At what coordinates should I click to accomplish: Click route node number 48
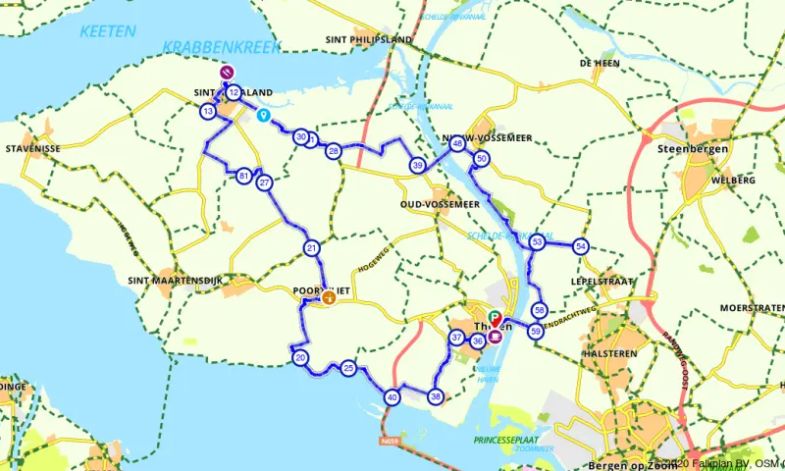tap(457, 144)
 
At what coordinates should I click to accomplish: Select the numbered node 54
tap(582, 246)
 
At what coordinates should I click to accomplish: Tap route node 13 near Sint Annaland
tap(207, 112)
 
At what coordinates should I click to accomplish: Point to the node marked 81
tap(244, 176)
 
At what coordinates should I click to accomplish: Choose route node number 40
tap(392, 397)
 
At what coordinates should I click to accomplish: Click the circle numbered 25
tap(348, 369)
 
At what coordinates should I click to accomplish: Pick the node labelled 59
tap(536, 332)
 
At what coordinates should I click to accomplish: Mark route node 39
tap(418, 165)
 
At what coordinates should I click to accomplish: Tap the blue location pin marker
tap(263, 115)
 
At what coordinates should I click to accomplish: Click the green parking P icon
tap(494, 317)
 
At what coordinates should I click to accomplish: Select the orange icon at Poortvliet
tap(328, 299)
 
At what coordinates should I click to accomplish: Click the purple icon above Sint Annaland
tap(227, 72)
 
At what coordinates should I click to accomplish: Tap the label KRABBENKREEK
tap(222, 47)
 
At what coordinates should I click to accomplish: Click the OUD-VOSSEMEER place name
tap(440, 204)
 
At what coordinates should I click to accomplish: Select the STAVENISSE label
tap(34, 148)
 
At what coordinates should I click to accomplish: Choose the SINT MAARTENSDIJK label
tap(177, 281)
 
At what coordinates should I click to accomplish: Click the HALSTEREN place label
tap(610, 352)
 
